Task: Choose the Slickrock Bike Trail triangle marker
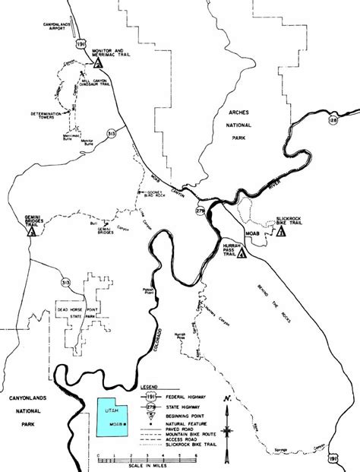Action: coord(282,233)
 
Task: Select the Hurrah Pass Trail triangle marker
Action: coord(242,255)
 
